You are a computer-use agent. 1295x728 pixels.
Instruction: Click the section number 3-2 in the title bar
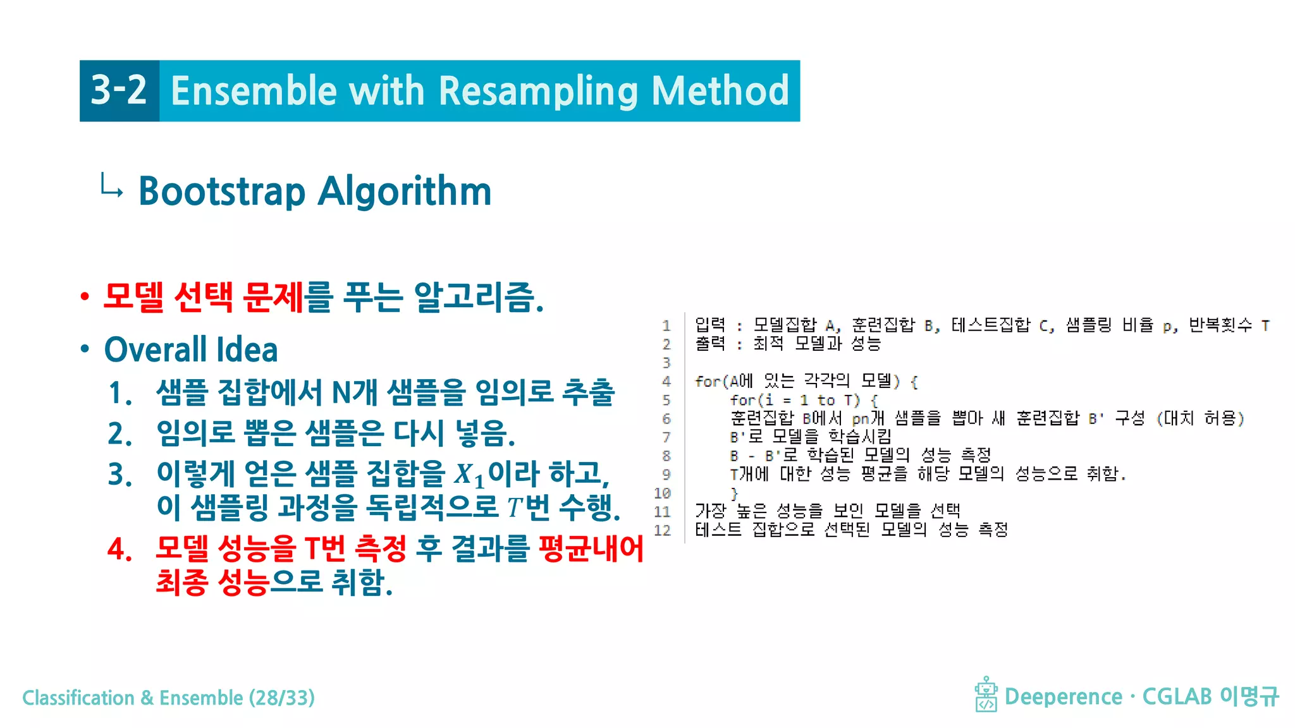click(119, 90)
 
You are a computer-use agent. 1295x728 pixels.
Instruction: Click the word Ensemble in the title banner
click(253, 91)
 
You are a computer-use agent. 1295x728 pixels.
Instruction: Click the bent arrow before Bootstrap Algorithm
click(111, 186)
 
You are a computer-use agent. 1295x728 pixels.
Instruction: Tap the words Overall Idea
click(191, 349)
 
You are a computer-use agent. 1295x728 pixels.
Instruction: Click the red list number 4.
click(120, 549)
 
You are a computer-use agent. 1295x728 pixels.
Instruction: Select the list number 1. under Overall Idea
click(120, 392)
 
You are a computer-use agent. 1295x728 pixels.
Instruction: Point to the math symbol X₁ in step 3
click(469, 475)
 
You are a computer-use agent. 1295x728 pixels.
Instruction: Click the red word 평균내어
click(591, 548)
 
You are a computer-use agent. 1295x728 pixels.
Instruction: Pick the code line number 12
click(662, 530)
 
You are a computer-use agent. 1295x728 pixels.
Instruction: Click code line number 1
click(666, 325)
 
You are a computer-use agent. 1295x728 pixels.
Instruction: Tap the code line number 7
click(666, 437)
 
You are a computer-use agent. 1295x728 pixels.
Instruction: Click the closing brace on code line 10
click(734, 493)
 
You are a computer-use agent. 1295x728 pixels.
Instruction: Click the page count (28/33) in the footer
click(281, 698)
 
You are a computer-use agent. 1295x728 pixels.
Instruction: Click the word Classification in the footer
click(78, 698)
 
